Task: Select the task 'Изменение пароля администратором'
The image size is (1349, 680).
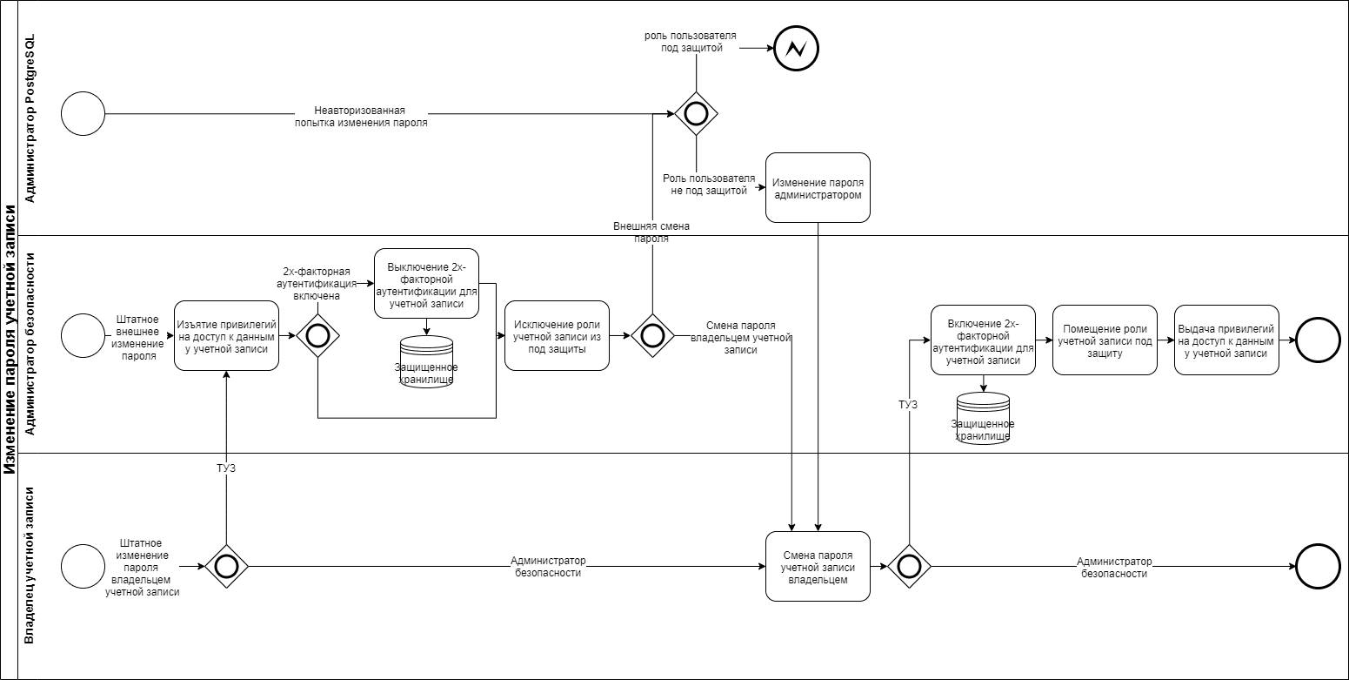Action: click(818, 188)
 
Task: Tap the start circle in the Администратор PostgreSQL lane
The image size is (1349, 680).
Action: click(83, 114)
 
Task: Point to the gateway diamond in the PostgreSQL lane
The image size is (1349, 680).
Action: click(696, 114)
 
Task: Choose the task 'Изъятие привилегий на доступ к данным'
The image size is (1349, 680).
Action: click(226, 336)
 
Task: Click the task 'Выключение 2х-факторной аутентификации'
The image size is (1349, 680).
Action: click(426, 284)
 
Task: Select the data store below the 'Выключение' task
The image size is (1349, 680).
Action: click(427, 360)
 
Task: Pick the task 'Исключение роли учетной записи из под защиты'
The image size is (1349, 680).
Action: click(557, 336)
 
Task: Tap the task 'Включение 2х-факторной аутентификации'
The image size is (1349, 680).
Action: click(983, 340)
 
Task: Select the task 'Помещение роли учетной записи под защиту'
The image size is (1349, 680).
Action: click(1105, 340)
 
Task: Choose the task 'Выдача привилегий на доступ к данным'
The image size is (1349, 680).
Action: click(1226, 340)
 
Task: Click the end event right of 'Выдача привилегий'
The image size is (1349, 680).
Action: click(1319, 340)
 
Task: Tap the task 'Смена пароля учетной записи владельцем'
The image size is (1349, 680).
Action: click(818, 567)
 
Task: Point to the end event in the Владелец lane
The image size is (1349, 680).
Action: click(1319, 567)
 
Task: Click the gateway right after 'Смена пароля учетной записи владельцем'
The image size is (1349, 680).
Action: click(909, 567)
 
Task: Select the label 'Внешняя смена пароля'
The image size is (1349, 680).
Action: click(651, 232)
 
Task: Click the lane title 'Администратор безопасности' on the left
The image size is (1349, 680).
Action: click(30, 344)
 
